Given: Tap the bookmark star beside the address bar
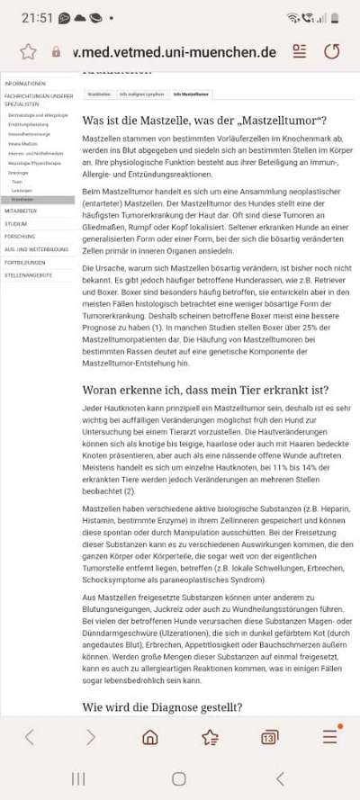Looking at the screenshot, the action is (x=28, y=51).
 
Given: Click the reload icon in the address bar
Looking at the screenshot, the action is (x=332, y=51).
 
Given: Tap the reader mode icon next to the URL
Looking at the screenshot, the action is (x=300, y=51).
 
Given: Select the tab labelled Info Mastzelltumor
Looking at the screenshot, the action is (x=191, y=94).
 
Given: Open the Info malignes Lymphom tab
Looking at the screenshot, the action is (x=142, y=94).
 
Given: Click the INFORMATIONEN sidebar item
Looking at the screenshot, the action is (x=25, y=83).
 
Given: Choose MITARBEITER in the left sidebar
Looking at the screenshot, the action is (x=21, y=211).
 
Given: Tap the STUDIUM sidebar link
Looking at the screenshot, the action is (x=16, y=223).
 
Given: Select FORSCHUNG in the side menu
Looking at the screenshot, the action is (x=20, y=236).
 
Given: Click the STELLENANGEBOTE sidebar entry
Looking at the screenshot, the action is (x=28, y=274).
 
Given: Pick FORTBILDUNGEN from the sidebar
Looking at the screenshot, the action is (x=25, y=261).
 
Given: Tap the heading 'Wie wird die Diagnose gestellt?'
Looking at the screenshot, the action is (x=162, y=706).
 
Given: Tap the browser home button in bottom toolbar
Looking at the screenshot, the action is (x=149, y=737).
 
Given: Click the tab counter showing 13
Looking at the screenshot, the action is (x=269, y=738).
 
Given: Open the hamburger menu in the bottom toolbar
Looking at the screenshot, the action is (x=330, y=737).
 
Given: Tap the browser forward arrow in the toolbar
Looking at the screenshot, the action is (x=90, y=737).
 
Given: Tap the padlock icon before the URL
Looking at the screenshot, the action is (x=57, y=52).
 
